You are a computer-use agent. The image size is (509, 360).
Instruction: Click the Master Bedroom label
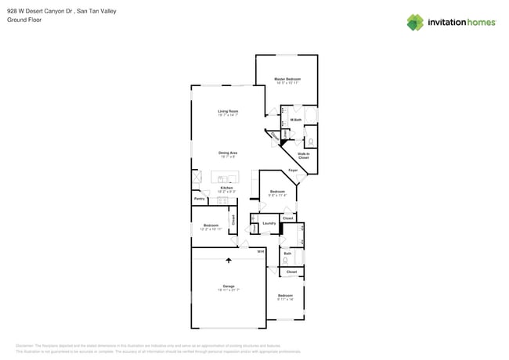pyautogui.click(x=287, y=79)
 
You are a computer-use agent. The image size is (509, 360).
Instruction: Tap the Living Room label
pyautogui.click(x=228, y=111)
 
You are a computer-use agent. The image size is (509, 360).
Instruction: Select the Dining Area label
pyautogui.click(x=228, y=153)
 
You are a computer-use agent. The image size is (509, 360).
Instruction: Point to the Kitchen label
pyautogui.click(x=226, y=188)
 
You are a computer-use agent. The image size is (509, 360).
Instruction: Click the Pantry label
pyautogui.click(x=199, y=199)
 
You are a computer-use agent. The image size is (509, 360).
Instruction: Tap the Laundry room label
pyautogui.click(x=269, y=223)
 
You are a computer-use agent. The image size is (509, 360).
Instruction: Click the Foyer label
pyautogui.click(x=293, y=170)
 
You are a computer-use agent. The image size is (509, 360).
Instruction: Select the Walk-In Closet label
pyautogui.click(x=303, y=156)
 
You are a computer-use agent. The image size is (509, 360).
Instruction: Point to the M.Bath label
pyautogui.click(x=296, y=120)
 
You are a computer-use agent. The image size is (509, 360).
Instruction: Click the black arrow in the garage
pyautogui.click(x=229, y=260)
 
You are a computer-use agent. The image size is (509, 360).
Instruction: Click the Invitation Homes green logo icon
pyautogui.click(x=415, y=22)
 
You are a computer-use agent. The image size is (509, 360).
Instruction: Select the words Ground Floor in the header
pyautogui.click(x=23, y=20)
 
